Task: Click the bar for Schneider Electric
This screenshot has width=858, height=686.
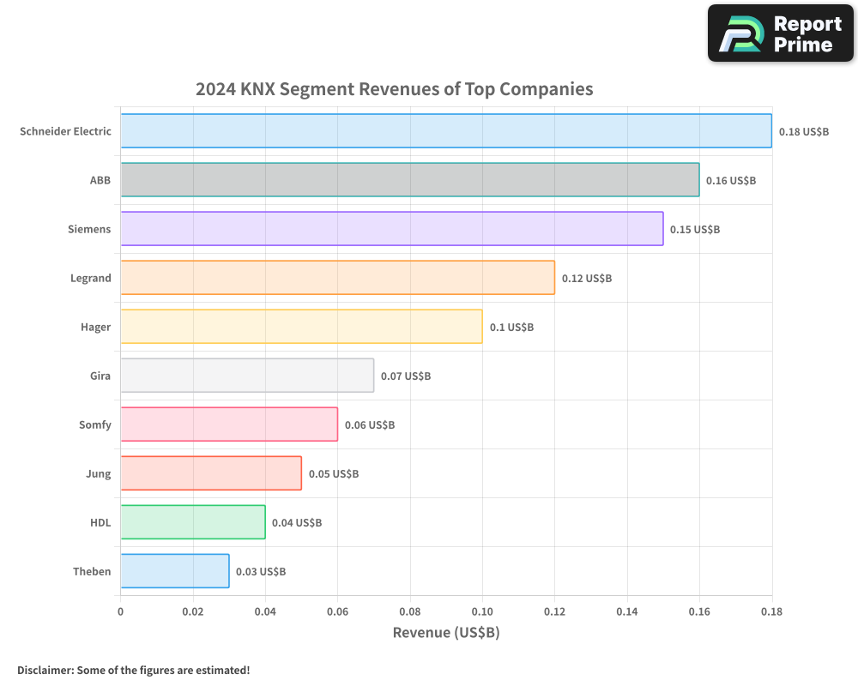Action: point(445,131)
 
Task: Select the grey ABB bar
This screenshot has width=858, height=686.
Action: point(409,180)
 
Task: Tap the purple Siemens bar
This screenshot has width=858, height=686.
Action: point(391,229)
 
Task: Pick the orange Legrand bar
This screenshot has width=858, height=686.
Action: point(337,278)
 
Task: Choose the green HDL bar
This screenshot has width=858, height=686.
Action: point(193,522)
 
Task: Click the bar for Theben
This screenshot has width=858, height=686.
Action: point(175,571)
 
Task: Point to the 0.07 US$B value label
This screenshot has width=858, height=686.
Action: point(406,376)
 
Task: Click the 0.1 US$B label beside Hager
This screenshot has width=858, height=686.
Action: point(511,328)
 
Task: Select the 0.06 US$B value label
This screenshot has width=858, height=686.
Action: point(370,425)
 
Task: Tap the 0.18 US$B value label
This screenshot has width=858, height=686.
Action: point(804,132)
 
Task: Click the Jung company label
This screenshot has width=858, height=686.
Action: point(99,474)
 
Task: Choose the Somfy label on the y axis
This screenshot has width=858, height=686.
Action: point(95,425)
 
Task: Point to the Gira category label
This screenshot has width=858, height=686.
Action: point(100,376)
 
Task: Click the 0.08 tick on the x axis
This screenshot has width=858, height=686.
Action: point(410,611)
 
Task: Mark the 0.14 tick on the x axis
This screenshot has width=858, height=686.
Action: point(627,611)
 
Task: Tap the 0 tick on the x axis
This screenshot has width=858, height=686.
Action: point(120,611)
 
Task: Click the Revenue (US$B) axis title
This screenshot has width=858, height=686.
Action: point(445,633)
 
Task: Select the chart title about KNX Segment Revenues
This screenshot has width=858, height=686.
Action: point(394,89)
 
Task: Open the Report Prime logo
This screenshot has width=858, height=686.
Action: point(780,33)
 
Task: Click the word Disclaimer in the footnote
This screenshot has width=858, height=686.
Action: point(45,670)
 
